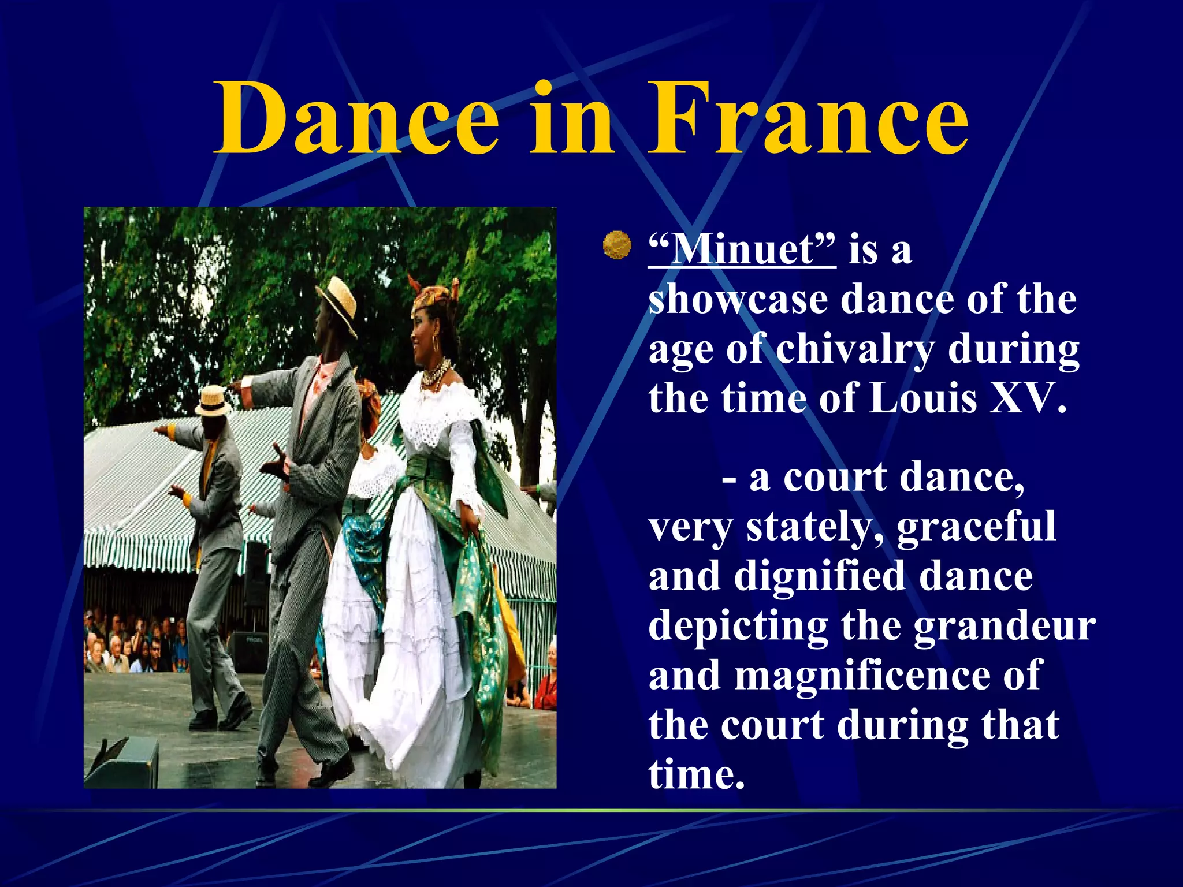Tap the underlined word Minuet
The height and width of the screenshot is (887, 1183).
tap(742, 249)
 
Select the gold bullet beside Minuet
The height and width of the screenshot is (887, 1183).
tap(616, 245)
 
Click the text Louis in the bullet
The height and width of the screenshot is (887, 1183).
tap(922, 398)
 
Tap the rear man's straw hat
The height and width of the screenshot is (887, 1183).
tap(212, 400)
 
